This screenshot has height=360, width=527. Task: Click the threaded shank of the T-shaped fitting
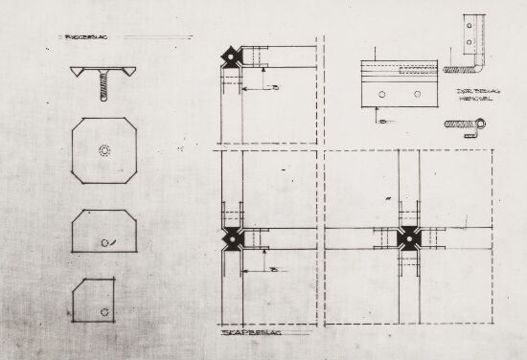pos(103,90)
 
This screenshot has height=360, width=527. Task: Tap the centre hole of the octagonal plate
pos(103,150)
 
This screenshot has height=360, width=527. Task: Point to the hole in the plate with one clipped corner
pos(103,309)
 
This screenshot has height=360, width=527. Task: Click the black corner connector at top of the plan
pos(233,56)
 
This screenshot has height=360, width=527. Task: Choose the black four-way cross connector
pos(409,237)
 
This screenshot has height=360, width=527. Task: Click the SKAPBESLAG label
pos(242,335)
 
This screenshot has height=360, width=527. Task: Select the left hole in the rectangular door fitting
pos(382,95)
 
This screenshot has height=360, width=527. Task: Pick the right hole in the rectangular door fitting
pos(417,95)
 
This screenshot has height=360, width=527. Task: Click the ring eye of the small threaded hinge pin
pos(481,123)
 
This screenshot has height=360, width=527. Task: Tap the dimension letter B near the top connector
pos(275,88)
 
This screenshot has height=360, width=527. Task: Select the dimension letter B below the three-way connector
pos(275,272)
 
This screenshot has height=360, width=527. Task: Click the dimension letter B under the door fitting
pos(380,122)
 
